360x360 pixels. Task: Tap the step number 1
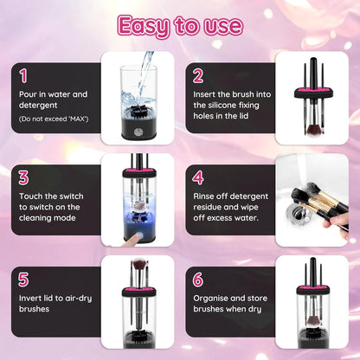23,76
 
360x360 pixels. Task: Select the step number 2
198,76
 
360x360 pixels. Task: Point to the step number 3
23,177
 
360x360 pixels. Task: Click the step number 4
198,177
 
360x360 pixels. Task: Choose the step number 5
23,279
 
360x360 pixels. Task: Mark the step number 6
198,279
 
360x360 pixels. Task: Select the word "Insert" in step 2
206,93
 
